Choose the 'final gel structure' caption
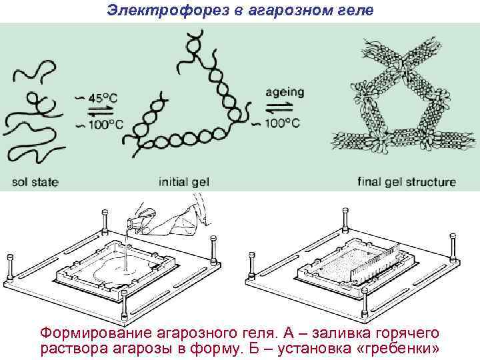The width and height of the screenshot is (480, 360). click(407, 181)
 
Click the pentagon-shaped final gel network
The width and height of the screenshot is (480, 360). click(400, 100)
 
